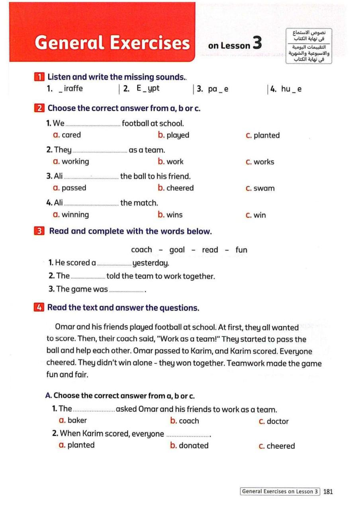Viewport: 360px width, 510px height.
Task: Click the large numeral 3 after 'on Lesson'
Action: coord(257,43)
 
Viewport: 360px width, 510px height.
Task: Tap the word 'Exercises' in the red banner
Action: coord(150,43)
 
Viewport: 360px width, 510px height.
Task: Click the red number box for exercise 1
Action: coord(38,77)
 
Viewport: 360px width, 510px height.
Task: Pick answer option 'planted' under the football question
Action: coord(266,135)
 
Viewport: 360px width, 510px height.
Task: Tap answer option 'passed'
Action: coord(74,188)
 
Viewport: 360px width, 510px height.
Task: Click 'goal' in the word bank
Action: coord(177,250)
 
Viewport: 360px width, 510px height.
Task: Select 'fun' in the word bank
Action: coord(241,250)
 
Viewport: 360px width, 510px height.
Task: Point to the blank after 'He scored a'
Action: coord(114,264)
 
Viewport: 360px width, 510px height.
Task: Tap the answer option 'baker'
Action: coord(77,420)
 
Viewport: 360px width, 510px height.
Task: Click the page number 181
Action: coord(328,491)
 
